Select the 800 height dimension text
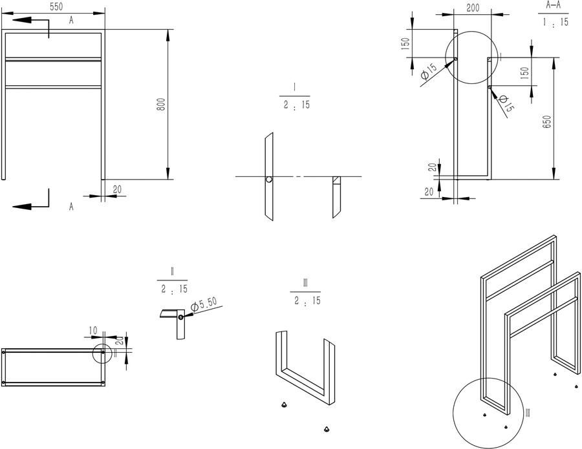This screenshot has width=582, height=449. pos(161,104)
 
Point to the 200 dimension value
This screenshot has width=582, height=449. pos(472,7)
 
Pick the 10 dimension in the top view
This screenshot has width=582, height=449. pos(92,330)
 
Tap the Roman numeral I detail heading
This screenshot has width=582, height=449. pos(294,87)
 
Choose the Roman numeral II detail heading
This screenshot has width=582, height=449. pos(172,271)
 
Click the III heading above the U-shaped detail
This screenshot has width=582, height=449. pos(305,282)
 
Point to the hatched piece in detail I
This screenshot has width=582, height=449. pos(336,180)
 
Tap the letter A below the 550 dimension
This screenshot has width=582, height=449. pos(71,21)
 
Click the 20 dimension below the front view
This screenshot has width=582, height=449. pos(117,189)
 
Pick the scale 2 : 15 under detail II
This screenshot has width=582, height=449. pos(172,288)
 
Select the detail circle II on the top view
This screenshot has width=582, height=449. pos(102,354)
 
